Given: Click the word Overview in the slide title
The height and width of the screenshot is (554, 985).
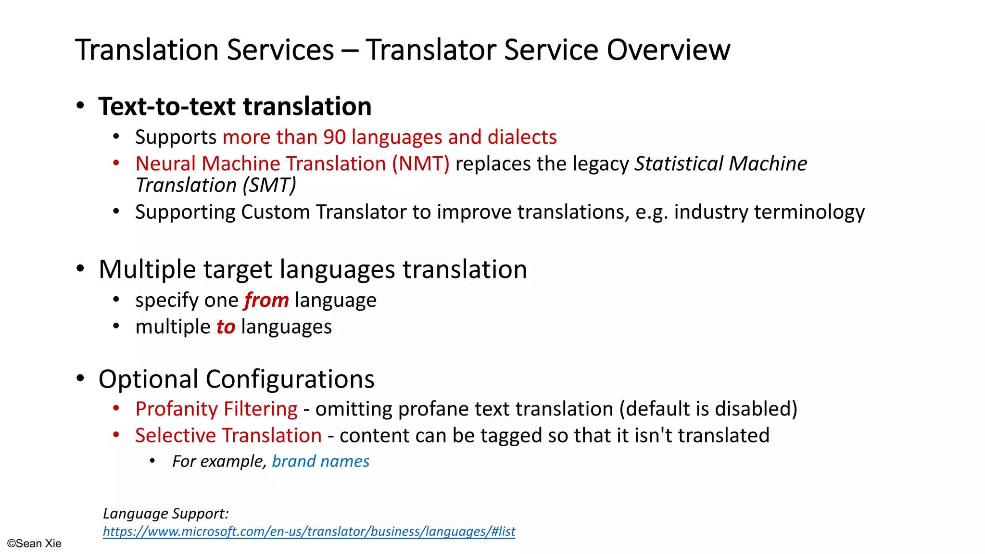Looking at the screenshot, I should [x=668, y=50].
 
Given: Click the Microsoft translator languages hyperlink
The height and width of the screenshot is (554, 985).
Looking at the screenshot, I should [x=309, y=531].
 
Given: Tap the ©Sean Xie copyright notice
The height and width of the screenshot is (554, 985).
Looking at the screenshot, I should [x=34, y=543].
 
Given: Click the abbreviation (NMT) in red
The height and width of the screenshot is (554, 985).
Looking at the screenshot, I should [x=420, y=164].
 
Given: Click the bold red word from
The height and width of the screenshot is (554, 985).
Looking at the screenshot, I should [x=266, y=300].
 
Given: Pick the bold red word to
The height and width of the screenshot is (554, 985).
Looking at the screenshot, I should [x=226, y=327].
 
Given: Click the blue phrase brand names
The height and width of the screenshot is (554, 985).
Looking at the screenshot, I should [x=320, y=461].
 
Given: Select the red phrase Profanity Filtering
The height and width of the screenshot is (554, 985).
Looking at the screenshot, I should [x=216, y=409].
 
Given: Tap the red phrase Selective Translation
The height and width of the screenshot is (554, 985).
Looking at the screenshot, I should [x=228, y=436].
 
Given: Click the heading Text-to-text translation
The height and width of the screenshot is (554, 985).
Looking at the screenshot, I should [x=235, y=106].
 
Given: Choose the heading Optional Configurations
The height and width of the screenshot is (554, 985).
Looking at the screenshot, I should [x=236, y=379].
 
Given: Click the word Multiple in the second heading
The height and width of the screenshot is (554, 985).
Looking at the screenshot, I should [x=147, y=269].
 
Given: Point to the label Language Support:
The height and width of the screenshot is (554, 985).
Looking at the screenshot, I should [x=165, y=514].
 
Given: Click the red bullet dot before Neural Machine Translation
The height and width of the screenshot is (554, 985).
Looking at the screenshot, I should [x=116, y=164].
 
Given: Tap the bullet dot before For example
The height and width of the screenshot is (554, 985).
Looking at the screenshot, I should [x=152, y=461].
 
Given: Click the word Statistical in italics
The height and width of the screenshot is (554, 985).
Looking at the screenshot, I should [x=679, y=164].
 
